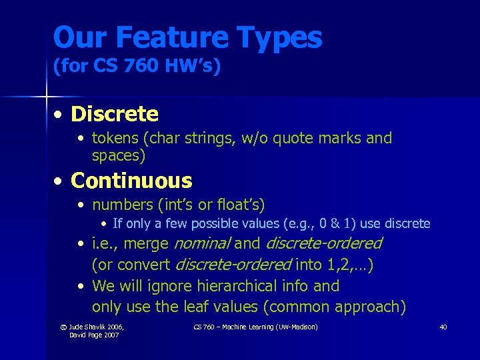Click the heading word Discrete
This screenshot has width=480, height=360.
coord(115,115)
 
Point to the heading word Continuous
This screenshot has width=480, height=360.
coord(131,181)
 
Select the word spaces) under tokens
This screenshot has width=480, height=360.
coord(119,157)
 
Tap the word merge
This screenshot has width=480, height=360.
coord(147,244)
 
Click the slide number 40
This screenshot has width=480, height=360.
coord(443,327)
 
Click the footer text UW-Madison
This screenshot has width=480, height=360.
coord(297,327)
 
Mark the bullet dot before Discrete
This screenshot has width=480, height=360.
coord(59,115)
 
